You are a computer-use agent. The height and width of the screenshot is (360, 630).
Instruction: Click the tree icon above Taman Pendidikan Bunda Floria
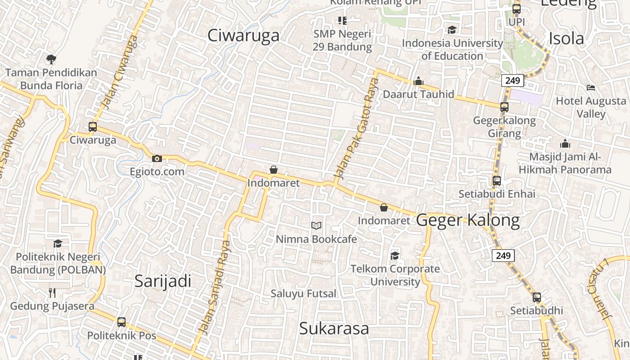click(51, 59)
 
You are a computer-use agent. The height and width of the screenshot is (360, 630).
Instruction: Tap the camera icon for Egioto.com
click(157, 158)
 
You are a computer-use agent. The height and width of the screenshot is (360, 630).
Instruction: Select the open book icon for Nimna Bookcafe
click(316, 225)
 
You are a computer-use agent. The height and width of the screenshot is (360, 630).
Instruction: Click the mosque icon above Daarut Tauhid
click(418, 81)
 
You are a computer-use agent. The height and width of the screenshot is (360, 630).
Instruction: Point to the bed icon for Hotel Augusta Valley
click(591, 87)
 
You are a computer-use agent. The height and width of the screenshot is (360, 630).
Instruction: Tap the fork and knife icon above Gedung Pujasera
click(52, 293)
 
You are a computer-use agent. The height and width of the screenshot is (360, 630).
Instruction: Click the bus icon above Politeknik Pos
click(121, 322)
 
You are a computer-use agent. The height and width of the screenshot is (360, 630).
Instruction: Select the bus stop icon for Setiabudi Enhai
click(497, 181)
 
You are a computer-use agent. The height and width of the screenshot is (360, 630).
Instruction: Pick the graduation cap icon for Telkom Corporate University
click(395, 256)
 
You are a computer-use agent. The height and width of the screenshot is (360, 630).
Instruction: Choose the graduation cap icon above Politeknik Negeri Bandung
click(58, 243)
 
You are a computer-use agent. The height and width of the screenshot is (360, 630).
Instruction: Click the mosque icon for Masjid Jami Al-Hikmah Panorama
click(565, 144)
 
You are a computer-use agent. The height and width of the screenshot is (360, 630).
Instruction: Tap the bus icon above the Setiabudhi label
click(536, 297)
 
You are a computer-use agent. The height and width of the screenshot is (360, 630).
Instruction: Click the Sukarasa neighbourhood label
click(334, 328)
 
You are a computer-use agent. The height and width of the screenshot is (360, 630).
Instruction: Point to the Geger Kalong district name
click(468, 220)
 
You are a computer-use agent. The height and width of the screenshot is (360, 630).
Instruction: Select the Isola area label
click(566, 39)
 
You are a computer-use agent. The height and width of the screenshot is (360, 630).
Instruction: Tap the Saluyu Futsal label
click(303, 294)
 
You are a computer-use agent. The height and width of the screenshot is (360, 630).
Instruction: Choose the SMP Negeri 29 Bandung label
click(342, 40)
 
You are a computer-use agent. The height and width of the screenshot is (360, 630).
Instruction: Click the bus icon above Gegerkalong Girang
click(504, 107)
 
